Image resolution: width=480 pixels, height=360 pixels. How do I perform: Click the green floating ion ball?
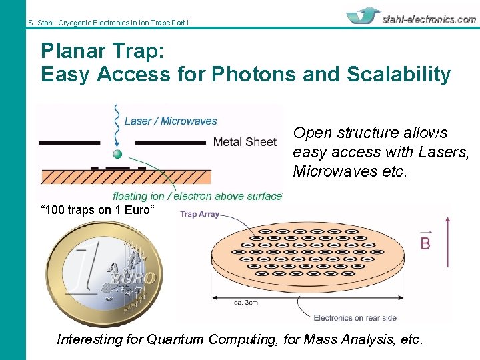click(x=118, y=154)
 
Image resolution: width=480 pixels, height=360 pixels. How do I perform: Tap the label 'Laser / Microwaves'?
click(x=171, y=121)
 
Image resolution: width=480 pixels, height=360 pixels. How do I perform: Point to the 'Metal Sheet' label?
click(x=244, y=141)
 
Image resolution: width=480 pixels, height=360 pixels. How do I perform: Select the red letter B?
click(x=425, y=243)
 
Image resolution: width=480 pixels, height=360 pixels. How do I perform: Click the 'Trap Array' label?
click(x=199, y=214)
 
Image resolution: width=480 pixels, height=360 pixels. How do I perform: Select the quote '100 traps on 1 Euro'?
click(x=98, y=211)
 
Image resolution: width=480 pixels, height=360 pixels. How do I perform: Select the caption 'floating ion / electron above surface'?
click(x=197, y=196)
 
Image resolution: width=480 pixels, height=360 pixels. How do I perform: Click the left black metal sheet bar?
click(x=69, y=143)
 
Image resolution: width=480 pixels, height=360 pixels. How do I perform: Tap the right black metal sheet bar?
click(x=170, y=143)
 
